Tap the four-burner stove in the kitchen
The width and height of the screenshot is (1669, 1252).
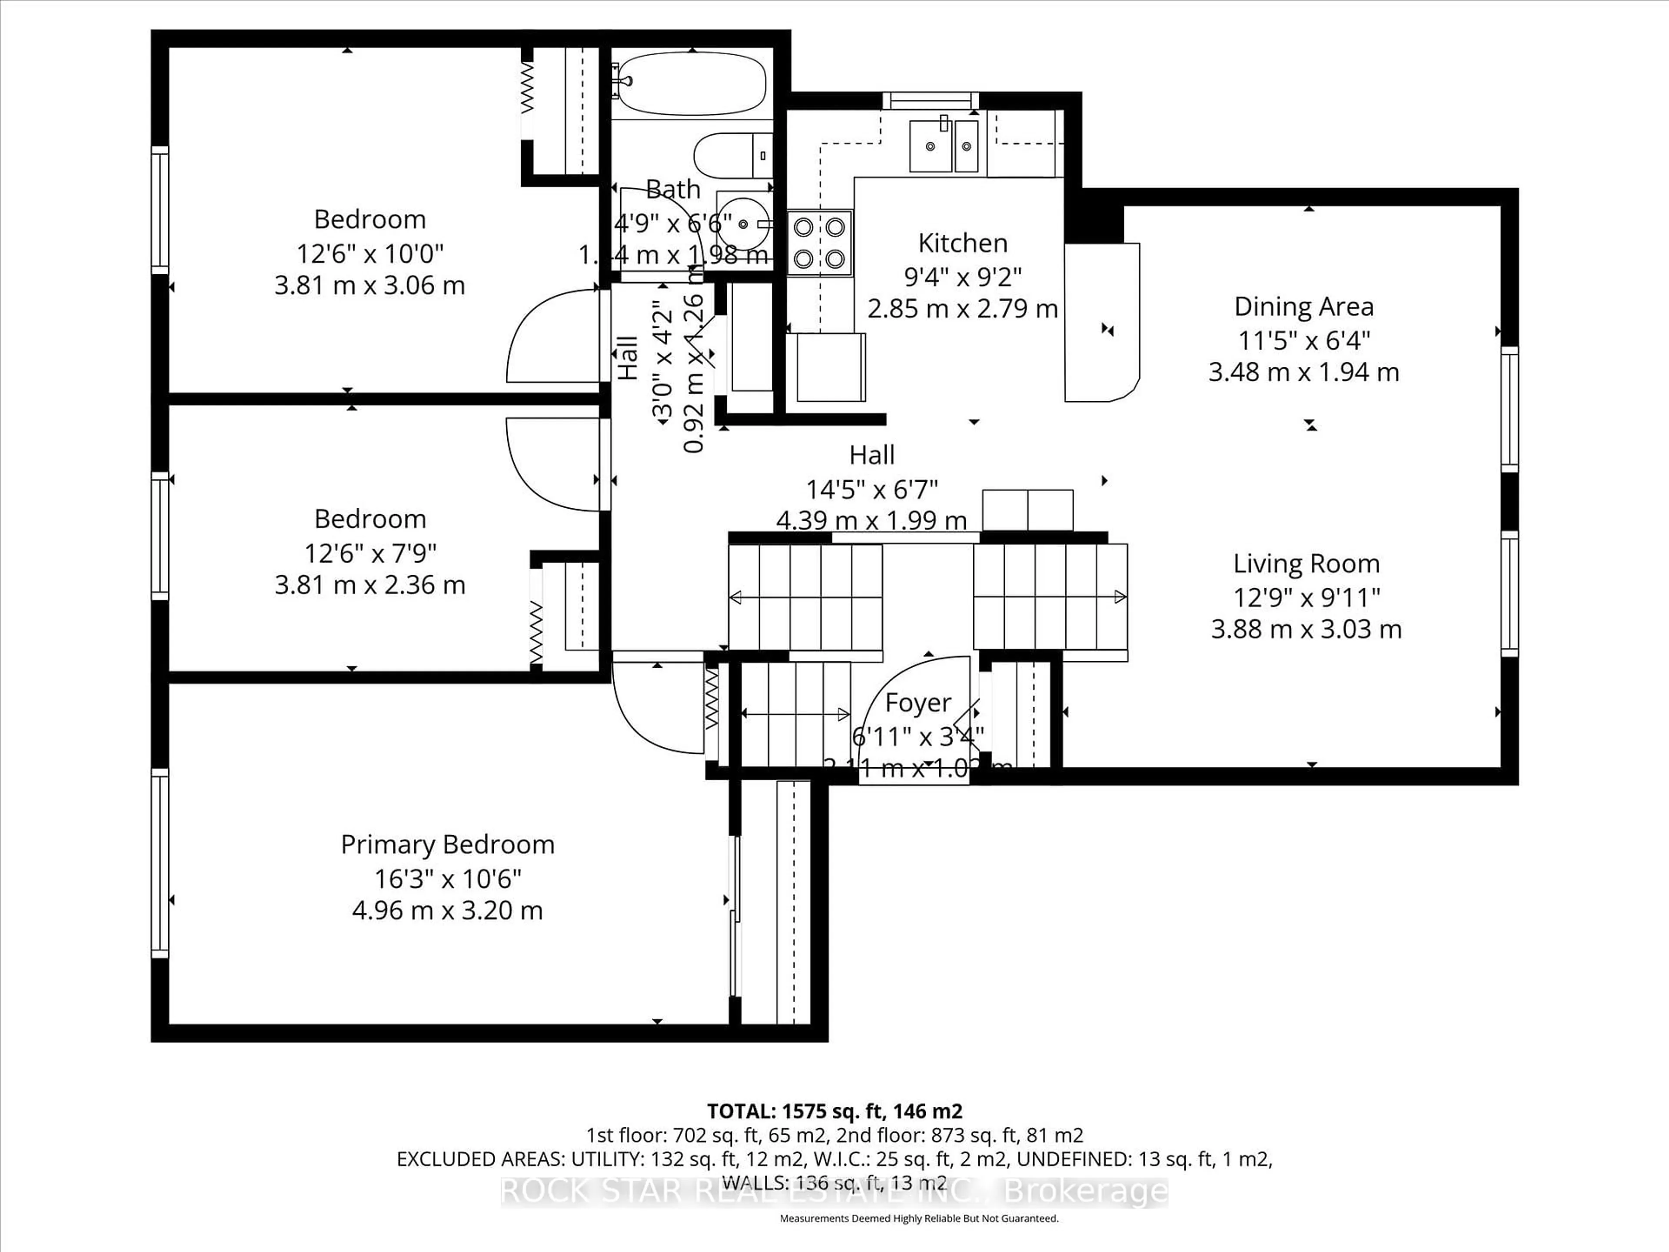click(819, 242)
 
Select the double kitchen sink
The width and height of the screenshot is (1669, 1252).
click(944, 146)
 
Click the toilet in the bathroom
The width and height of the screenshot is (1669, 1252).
click(732, 155)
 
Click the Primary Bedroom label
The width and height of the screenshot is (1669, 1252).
click(447, 844)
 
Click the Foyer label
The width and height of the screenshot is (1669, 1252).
click(918, 703)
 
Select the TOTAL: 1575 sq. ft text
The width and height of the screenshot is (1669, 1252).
click(834, 1111)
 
